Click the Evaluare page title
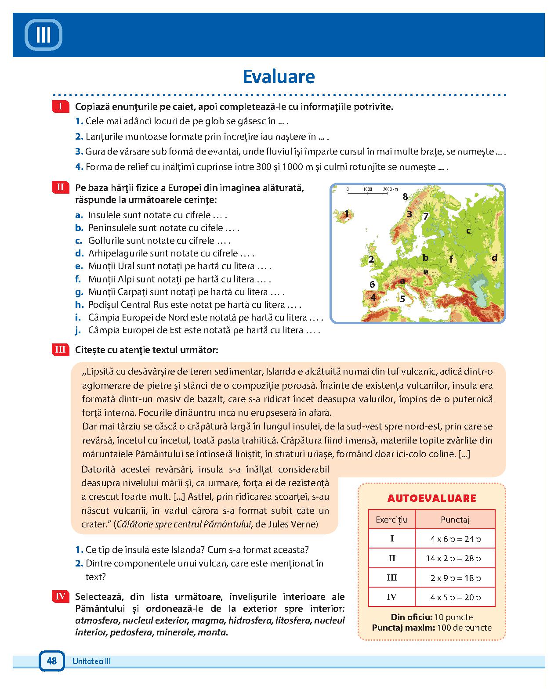point(279,76)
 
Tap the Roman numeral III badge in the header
point(43,35)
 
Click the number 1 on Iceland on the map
point(347,214)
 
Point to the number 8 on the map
point(405,196)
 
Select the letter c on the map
point(468,231)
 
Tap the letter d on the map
point(494,258)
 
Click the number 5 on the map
point(402,299)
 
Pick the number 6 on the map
point(372,284)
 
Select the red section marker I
point(60,106)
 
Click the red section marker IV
point(60,596)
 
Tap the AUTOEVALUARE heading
point(431,498)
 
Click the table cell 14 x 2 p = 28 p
point(455,559)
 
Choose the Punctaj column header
point(455,520)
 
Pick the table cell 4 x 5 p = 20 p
point(455,597)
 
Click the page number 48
point(51,660)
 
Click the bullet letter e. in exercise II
point(79,266)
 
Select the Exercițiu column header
point(391,520)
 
